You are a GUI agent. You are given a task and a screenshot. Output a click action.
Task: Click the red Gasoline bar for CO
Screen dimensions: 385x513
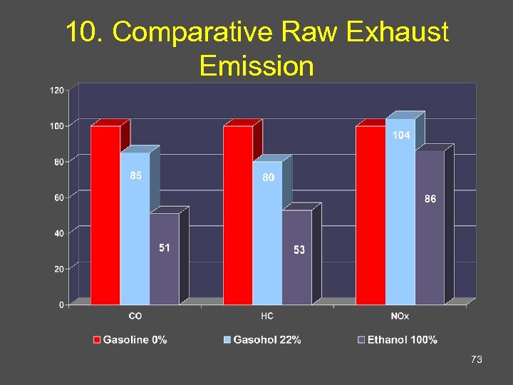coord(105,214)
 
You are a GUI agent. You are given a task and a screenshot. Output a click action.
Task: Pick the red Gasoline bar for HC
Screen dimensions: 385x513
coord(237,214)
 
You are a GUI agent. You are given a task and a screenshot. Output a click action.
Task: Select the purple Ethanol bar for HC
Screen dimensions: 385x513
coord(296,260)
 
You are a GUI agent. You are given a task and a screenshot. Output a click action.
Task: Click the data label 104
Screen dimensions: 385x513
coord(401,135)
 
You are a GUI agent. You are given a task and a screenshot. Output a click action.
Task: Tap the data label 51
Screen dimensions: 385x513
coord(164,248)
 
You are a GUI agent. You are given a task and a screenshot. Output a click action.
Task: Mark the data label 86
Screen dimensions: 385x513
coord(430,200)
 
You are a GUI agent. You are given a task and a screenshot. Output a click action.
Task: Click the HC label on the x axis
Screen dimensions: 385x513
coord(267,316)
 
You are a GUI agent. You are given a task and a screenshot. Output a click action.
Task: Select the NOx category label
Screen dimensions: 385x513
coord(400,316)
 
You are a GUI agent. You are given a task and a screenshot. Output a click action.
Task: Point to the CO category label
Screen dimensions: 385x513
coord(135,316)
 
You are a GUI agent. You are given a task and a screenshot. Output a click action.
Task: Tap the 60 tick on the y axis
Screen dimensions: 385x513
coord(59,197)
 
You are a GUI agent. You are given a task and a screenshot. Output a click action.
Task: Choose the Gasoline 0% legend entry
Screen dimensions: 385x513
coord(130,340)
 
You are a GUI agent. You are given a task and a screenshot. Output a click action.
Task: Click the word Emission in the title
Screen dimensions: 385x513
coord(256,66)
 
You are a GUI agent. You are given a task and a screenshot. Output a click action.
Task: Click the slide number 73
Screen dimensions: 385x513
coord(477,360)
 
